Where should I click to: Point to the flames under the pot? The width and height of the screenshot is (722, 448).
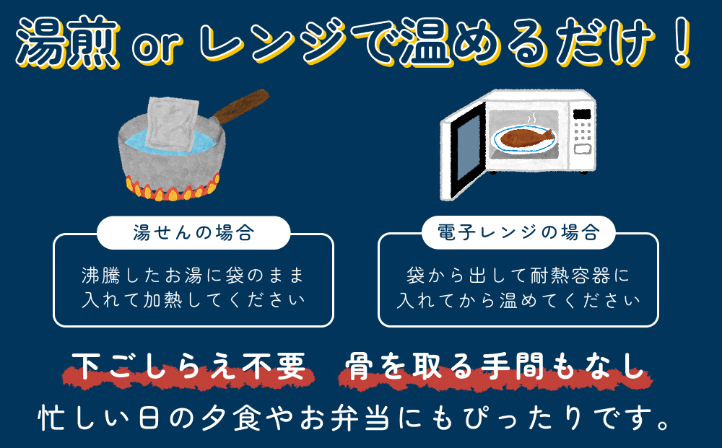point(171,192)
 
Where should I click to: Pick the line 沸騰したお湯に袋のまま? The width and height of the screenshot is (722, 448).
point(193,275)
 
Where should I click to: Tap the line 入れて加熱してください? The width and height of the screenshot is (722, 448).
point(193,299)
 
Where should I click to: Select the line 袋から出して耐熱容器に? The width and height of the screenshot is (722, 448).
point(518,275)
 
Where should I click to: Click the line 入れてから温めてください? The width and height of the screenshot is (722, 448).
point(518,299)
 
